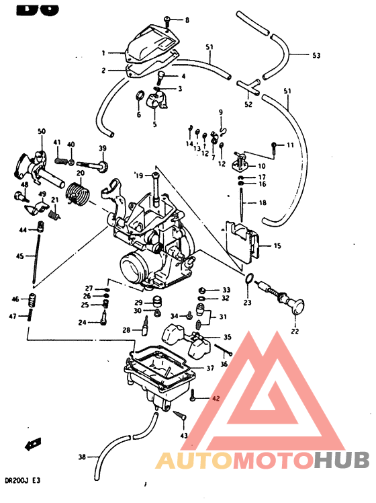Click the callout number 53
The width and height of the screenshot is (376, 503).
click(x=318, y=56)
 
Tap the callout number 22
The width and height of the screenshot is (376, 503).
click(x=295, y=331)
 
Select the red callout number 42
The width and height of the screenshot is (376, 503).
click(x=216, y=398)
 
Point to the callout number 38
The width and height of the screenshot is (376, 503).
click(x=82, y=457)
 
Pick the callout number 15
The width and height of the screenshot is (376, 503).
click(x=277, y=246)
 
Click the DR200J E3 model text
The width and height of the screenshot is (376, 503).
click(x=22, y=481)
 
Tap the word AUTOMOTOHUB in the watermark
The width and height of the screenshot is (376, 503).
click(x=263, y=461)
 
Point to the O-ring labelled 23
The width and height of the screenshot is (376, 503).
click(x=248, y=279)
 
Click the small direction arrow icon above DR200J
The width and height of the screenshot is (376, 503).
click(x=31, y=444)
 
